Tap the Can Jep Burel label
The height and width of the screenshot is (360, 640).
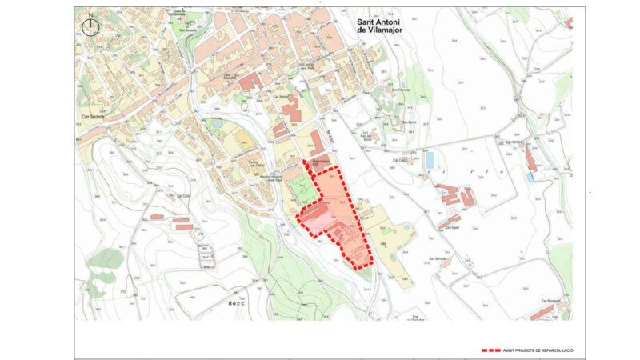pyautogui.click(x=369, y=136)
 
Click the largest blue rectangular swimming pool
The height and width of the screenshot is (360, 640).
pyautogui.click(x=430, y=160)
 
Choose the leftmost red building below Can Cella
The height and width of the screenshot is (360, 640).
pyautogui.click(x=182, y=227)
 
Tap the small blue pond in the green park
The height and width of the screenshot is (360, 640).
pyautogui.click(x=215, y=124)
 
